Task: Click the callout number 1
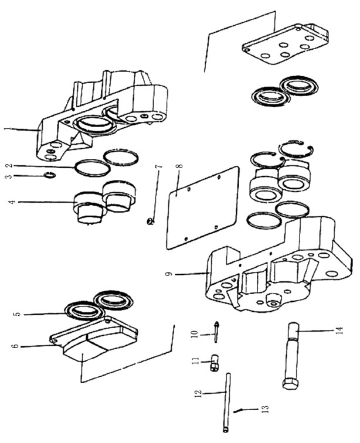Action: point(9,128)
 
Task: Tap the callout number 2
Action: point(9,165)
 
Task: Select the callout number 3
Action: point(9,176)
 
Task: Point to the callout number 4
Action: point(12,202)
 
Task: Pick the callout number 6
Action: point(16,346)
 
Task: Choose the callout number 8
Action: point(179,166)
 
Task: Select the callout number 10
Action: point(195,334)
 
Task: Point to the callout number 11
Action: point(195,361)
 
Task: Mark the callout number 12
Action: point(199,394)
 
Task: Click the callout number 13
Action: point(266,409)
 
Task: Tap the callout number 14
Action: point(339,330)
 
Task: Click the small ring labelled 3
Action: point(50,175)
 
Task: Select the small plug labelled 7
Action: point(150,221)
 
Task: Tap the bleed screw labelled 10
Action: point(216,332)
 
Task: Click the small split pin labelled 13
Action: point(237,411)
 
